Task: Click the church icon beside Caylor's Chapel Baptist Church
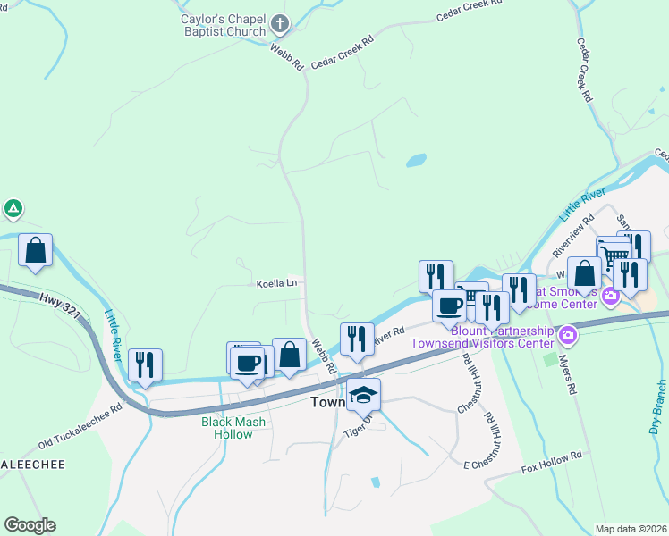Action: pos(281,24)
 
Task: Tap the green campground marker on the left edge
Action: pos(13,210)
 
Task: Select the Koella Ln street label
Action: pos(276,283)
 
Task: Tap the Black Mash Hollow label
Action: pos(226,428)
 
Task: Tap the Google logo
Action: pos(30,525)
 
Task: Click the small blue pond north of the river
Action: pos(416,162)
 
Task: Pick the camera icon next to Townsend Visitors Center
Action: pos(566,336)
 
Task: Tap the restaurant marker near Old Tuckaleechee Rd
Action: pos(144,364)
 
